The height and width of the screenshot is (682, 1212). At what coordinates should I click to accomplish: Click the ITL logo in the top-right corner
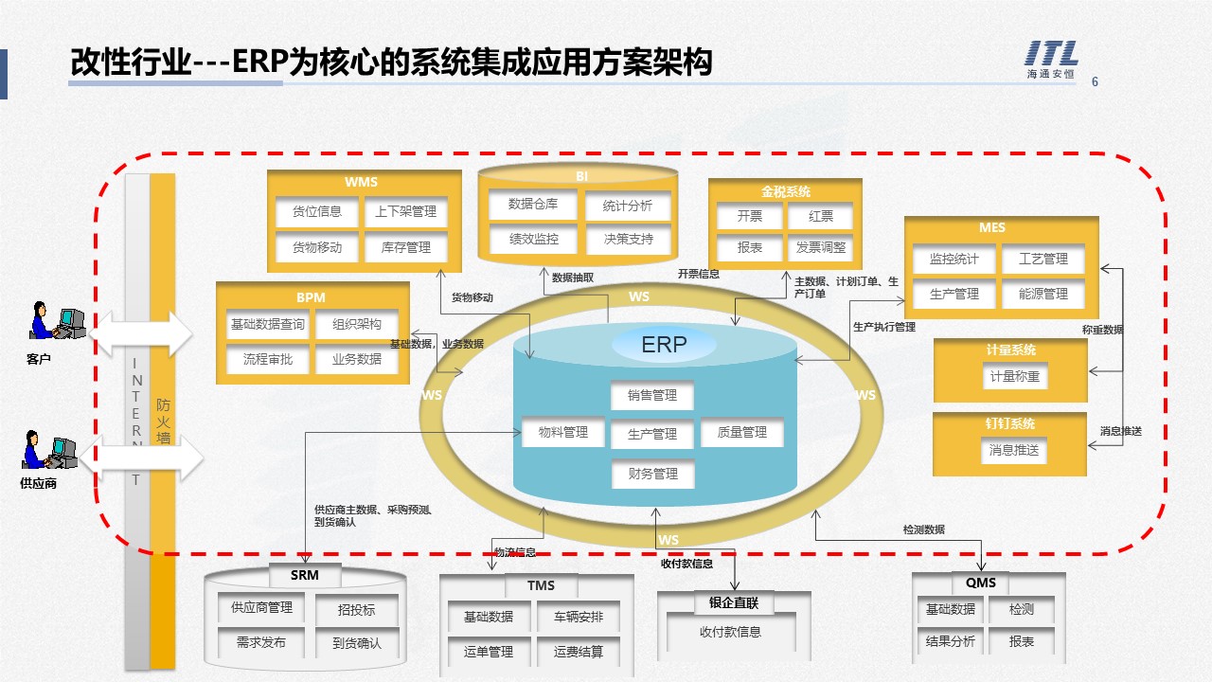(x=1052, y=62)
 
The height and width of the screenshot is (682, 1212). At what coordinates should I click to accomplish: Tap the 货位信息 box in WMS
(x=317, y=212)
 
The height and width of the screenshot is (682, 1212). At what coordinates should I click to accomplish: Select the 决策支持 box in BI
(x=629, y=239)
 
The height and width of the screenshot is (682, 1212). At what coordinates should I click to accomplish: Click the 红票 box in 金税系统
(x=820, y=216)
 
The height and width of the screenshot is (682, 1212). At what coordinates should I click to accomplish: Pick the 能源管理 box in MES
(x=1043, y=294)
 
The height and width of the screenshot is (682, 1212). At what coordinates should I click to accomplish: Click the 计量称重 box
(x=1014, y=376)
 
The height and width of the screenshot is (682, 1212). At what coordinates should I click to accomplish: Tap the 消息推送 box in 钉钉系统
(x=1014, y=450)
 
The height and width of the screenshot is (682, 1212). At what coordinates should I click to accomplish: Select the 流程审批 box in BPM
(x=268, y=359)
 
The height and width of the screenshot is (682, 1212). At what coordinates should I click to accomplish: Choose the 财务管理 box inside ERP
(x=652, y=474)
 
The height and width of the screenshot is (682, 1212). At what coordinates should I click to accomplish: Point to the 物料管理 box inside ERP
(x=562, y=433)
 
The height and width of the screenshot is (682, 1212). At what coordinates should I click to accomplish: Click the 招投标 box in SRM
(x=356, y=610)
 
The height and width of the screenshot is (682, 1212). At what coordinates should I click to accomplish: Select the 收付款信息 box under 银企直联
(x=730, y=632)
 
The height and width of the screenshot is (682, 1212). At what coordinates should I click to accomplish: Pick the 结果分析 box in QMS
(x=950, y=641)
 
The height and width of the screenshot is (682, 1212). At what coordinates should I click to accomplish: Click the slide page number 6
(x=1096, y=81)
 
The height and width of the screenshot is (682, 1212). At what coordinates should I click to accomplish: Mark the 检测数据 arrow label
(x=923, y=529)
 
